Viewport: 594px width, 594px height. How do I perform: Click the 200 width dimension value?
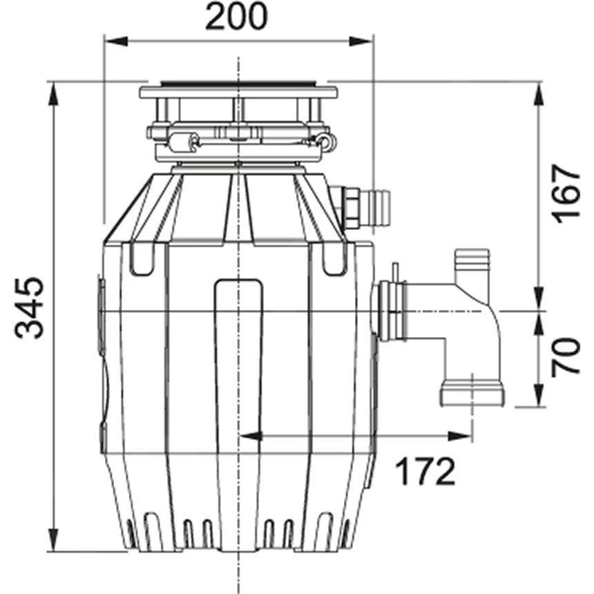pos(236,17)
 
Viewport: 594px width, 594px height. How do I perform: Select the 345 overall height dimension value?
pos(31,308)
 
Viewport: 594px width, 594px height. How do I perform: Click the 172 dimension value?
pos(425,472)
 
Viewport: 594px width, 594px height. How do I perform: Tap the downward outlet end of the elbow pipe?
pos(472,394)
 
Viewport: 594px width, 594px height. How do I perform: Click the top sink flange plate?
pos(238,91)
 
